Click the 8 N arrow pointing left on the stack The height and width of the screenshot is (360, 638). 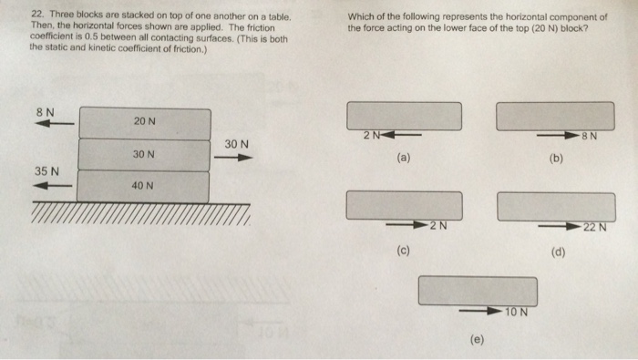tap(55, 123)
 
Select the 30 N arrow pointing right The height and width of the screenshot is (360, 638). tap(233, 158)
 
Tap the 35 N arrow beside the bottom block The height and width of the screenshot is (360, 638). tap(53, 186)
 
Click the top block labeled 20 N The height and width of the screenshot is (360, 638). tap(145, 123)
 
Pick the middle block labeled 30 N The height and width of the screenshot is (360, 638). tap(144, 155)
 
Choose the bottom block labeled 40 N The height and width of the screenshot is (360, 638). tap(143, 186)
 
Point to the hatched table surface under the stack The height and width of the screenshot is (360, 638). tap(140, 213)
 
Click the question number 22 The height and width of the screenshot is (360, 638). tap(37, 15)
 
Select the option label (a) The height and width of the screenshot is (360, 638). tap(403, 158)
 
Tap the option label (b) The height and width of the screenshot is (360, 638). tap(556, 159)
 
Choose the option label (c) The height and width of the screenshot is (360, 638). tap(403, 250)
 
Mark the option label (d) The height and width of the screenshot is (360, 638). tap(558, 252)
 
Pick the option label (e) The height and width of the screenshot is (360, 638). tap(477, 339)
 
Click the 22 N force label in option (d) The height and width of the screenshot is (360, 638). tap(595, 227)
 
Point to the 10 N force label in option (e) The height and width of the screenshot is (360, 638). tap(517, 312)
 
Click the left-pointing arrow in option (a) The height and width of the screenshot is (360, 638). tap(401, 135)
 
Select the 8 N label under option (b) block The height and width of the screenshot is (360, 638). tap(590, 136)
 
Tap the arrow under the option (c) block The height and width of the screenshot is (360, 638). tap(407, 224)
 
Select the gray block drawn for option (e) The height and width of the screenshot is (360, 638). tap(478, 291)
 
